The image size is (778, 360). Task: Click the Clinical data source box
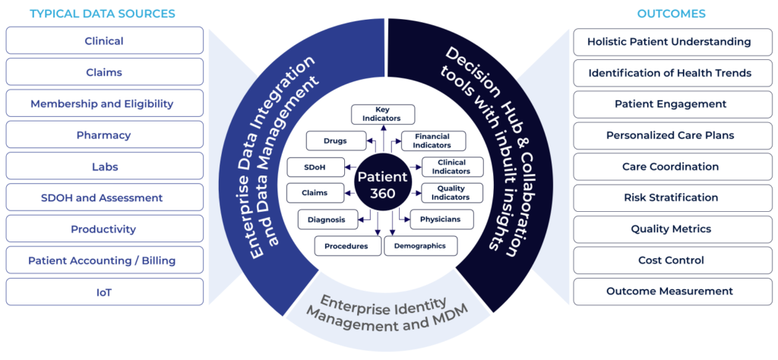pos(104,41)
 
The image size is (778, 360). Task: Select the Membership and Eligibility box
pos(104,103)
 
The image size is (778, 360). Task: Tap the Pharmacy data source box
pos(104,135)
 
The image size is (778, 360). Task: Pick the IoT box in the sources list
pos(104,292)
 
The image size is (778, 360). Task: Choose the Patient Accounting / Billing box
pos(104,261)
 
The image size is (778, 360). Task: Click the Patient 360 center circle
pos(383,182)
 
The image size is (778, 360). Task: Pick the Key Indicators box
pos(382,114)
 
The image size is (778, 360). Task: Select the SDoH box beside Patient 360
pos(315,167)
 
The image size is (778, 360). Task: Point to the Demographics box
pos(421,245)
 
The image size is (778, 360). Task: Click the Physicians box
pos(441,219)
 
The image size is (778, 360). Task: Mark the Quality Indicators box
pos(453,193)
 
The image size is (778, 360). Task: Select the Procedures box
pos(347,246)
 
